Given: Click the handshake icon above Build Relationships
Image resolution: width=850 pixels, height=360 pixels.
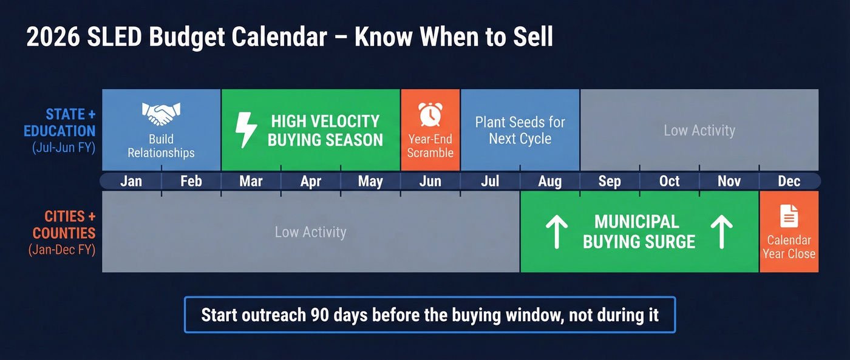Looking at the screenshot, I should (161, 114).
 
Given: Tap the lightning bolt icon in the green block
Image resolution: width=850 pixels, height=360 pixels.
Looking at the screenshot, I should (245, 130).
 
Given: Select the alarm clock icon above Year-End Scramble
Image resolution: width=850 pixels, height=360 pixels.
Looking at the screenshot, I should (430, 114).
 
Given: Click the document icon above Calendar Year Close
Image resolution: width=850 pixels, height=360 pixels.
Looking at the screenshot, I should (789, 216).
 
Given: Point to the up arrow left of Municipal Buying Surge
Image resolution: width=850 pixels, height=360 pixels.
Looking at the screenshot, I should (556, 232).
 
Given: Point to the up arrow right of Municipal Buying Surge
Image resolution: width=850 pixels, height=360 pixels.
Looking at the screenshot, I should (721, 232).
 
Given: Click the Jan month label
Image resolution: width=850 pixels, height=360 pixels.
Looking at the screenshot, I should (131, 181).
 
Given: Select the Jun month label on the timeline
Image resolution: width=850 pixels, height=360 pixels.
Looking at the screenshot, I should (430, 181).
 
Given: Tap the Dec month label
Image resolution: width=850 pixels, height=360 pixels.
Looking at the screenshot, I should (789, 181).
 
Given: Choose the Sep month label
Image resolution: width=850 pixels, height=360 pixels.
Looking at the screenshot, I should (610, 181).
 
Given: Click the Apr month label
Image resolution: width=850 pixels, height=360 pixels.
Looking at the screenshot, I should (310, 181).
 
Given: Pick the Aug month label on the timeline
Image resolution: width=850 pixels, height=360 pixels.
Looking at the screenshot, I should (549, 181).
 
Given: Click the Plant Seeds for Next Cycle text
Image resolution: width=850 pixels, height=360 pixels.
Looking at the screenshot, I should (520, 130).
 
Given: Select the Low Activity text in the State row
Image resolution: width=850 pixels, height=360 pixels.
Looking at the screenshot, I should (699, 130).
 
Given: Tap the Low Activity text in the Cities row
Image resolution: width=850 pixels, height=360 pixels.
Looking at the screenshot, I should (310, 232).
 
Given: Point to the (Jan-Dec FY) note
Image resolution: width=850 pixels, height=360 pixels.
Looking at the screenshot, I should (61, 250).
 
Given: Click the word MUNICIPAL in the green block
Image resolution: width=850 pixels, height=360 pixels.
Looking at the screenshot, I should (636, 222).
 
